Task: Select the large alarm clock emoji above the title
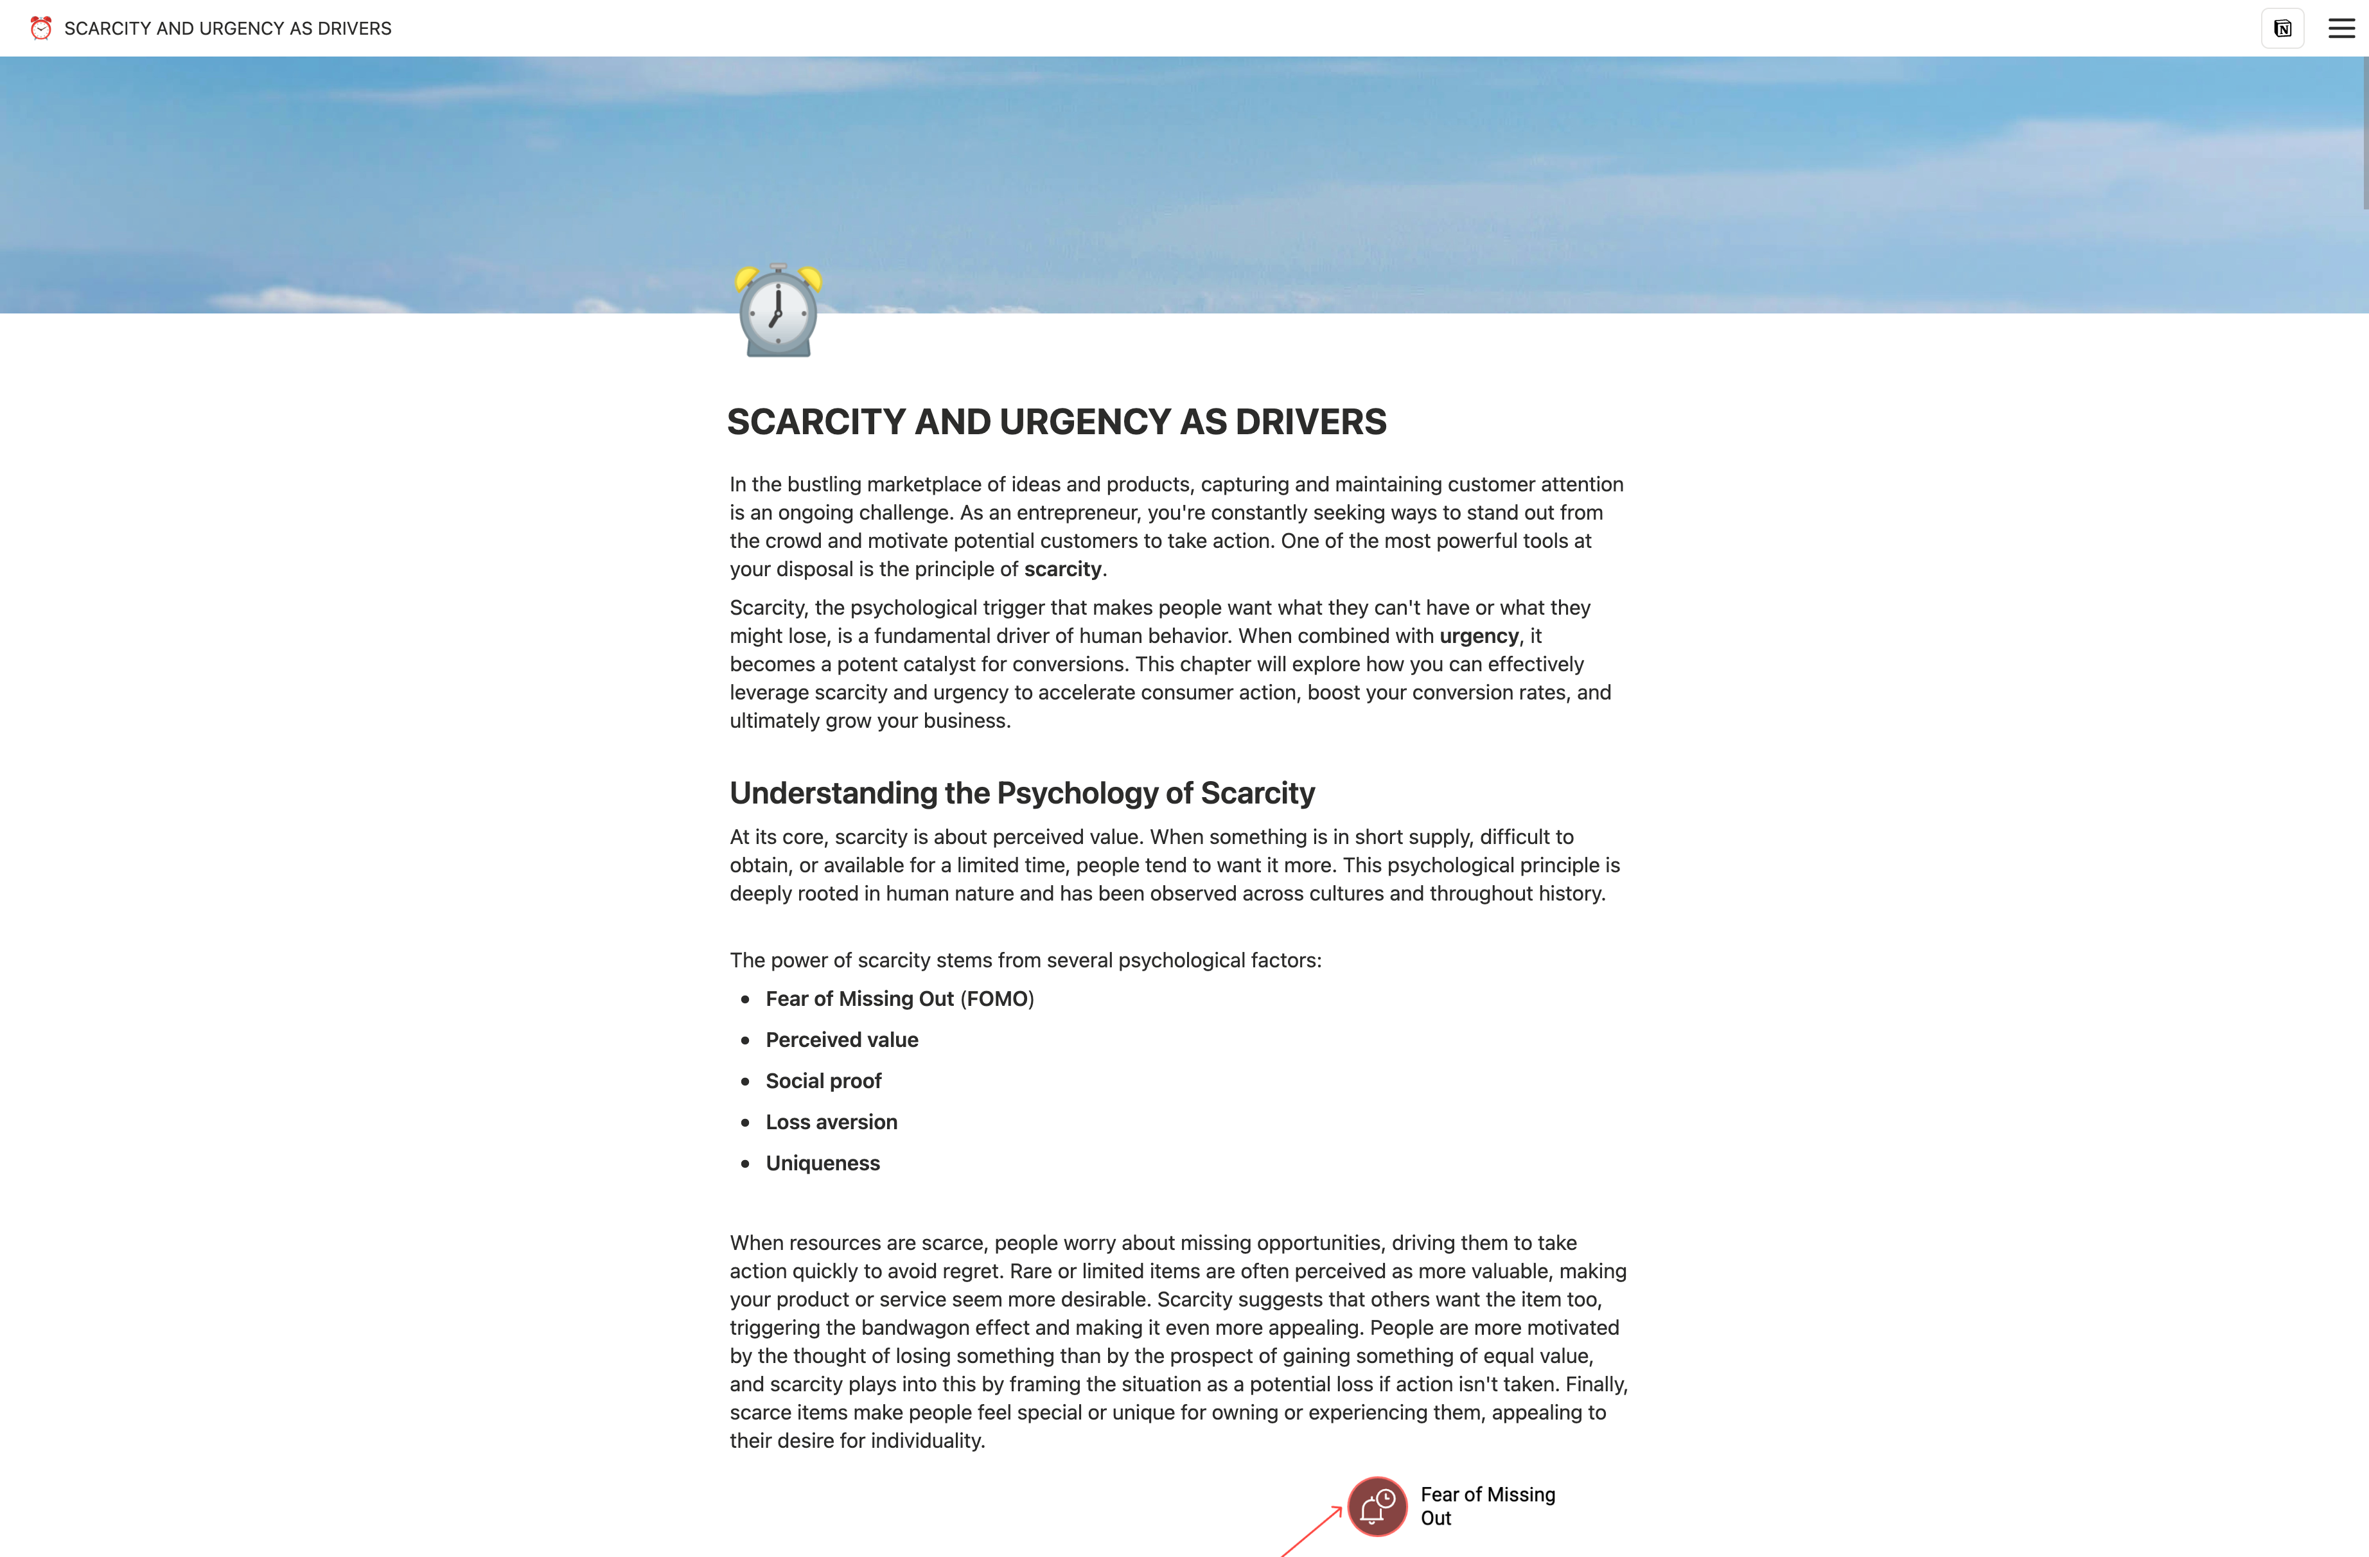click(x=779, y=311)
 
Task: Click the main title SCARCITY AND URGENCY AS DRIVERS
click(x=1056, y=422)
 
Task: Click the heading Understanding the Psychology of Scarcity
click(x=1021, y=793)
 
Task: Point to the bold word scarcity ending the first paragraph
click(x=1062, y=570)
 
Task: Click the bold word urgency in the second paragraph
click(x=1478, y=636)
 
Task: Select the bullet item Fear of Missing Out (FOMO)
click(x=899, y=999)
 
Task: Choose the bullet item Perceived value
click(x=841, y=1041)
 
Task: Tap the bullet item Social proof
click(x=823, y=1081)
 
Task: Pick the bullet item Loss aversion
click(x=831, y=1122)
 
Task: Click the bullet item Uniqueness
click(x=822, y=1164)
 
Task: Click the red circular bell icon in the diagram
click(x=1377, y=1506)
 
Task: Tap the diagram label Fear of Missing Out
click(x=1486, y=1506)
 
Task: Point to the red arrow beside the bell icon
click(x=1312, y=1531)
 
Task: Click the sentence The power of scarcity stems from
click(x=1025, y=961)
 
